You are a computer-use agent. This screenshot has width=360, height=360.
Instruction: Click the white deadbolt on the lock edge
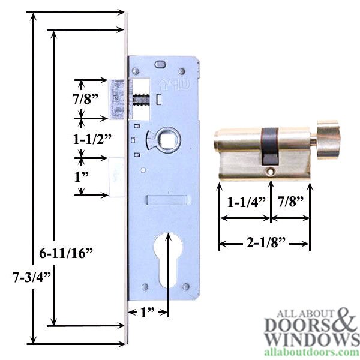[x=116, y=176]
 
